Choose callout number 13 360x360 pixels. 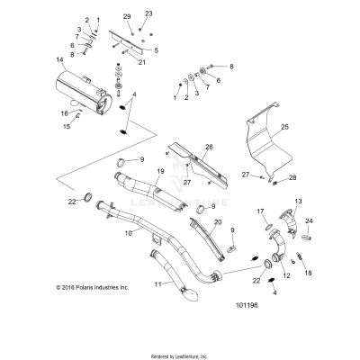click(299, 202)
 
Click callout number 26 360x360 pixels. click(209, 147)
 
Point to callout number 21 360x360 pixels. click(141, 63)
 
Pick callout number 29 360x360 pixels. click(128, 17)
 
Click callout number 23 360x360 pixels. click(148, 13)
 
